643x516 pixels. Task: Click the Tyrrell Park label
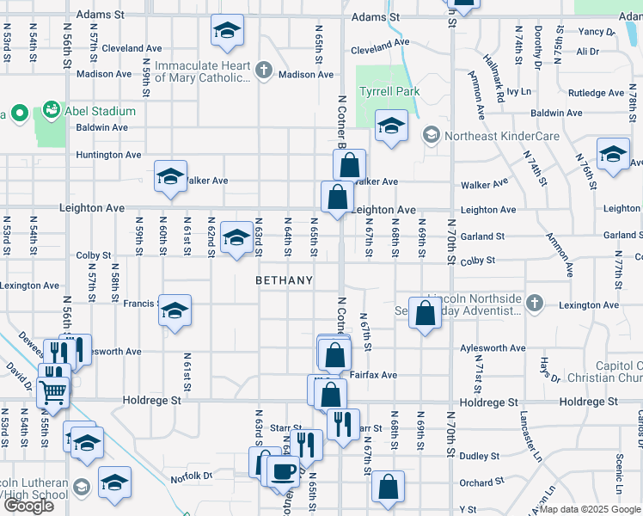pyautogui.click(x=389, y=91)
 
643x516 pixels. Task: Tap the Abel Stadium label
pyautogui.click(x=103, y=111)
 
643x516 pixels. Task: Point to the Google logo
pyautogui.click(x=28, y=506)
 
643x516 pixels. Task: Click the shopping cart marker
pyautogui.click(x=53, y=391)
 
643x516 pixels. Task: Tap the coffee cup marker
pyautogui.click(x=283, y=472)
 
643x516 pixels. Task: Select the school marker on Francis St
pyautogui.click(x=175, y=310)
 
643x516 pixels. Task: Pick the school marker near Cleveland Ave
pyautogui.click(x=225, y=33)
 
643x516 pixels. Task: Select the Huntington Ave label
pyautogui.click(x=109, y=156)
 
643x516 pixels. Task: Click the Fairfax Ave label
pyautogui.click(x=373, y=375)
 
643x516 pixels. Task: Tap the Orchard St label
pyautogui.click(x=476, y=483)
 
